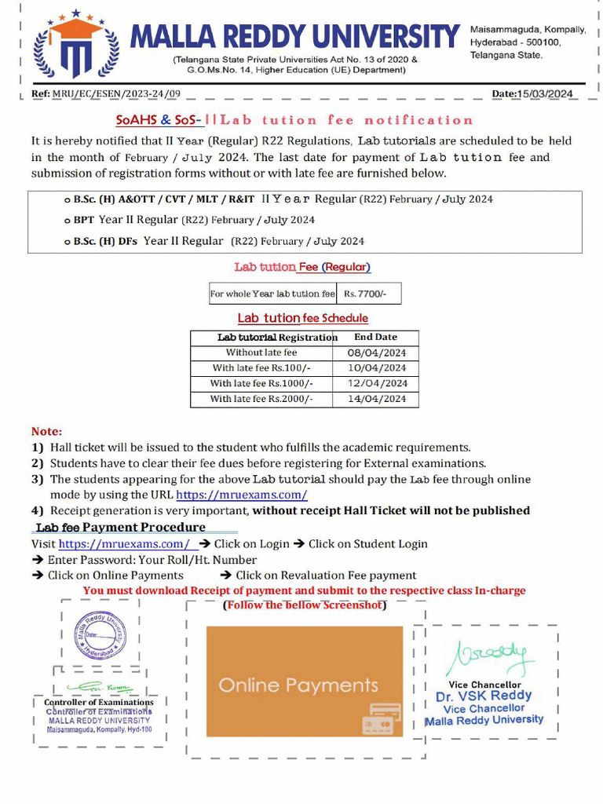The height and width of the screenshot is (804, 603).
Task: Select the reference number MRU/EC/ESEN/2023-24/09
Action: tap(116, 94)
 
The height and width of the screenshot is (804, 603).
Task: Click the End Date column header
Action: tap(375, 337)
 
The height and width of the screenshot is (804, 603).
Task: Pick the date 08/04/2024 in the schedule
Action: tap(375, 353)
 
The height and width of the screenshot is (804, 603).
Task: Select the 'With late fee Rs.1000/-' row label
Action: tap(261, 384)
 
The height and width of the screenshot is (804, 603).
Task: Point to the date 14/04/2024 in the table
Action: tap(376, 399)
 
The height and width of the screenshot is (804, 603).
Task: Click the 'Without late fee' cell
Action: tap(261, 353)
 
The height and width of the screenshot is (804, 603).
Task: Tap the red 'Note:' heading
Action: tap(46, 431)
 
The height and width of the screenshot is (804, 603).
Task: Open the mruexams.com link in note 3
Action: tap(241, 495)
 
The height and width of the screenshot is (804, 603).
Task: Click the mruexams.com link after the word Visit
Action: tap(124, 543)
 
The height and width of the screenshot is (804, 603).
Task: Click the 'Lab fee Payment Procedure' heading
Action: tap(121, 527)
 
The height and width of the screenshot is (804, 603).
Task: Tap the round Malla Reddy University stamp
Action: tap(100, 635)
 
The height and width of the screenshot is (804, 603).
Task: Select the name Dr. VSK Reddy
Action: tap(484, 696)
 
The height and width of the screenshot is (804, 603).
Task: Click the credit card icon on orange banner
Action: tap(381, 718)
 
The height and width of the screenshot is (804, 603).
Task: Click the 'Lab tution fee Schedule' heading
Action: tap(302, 318)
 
